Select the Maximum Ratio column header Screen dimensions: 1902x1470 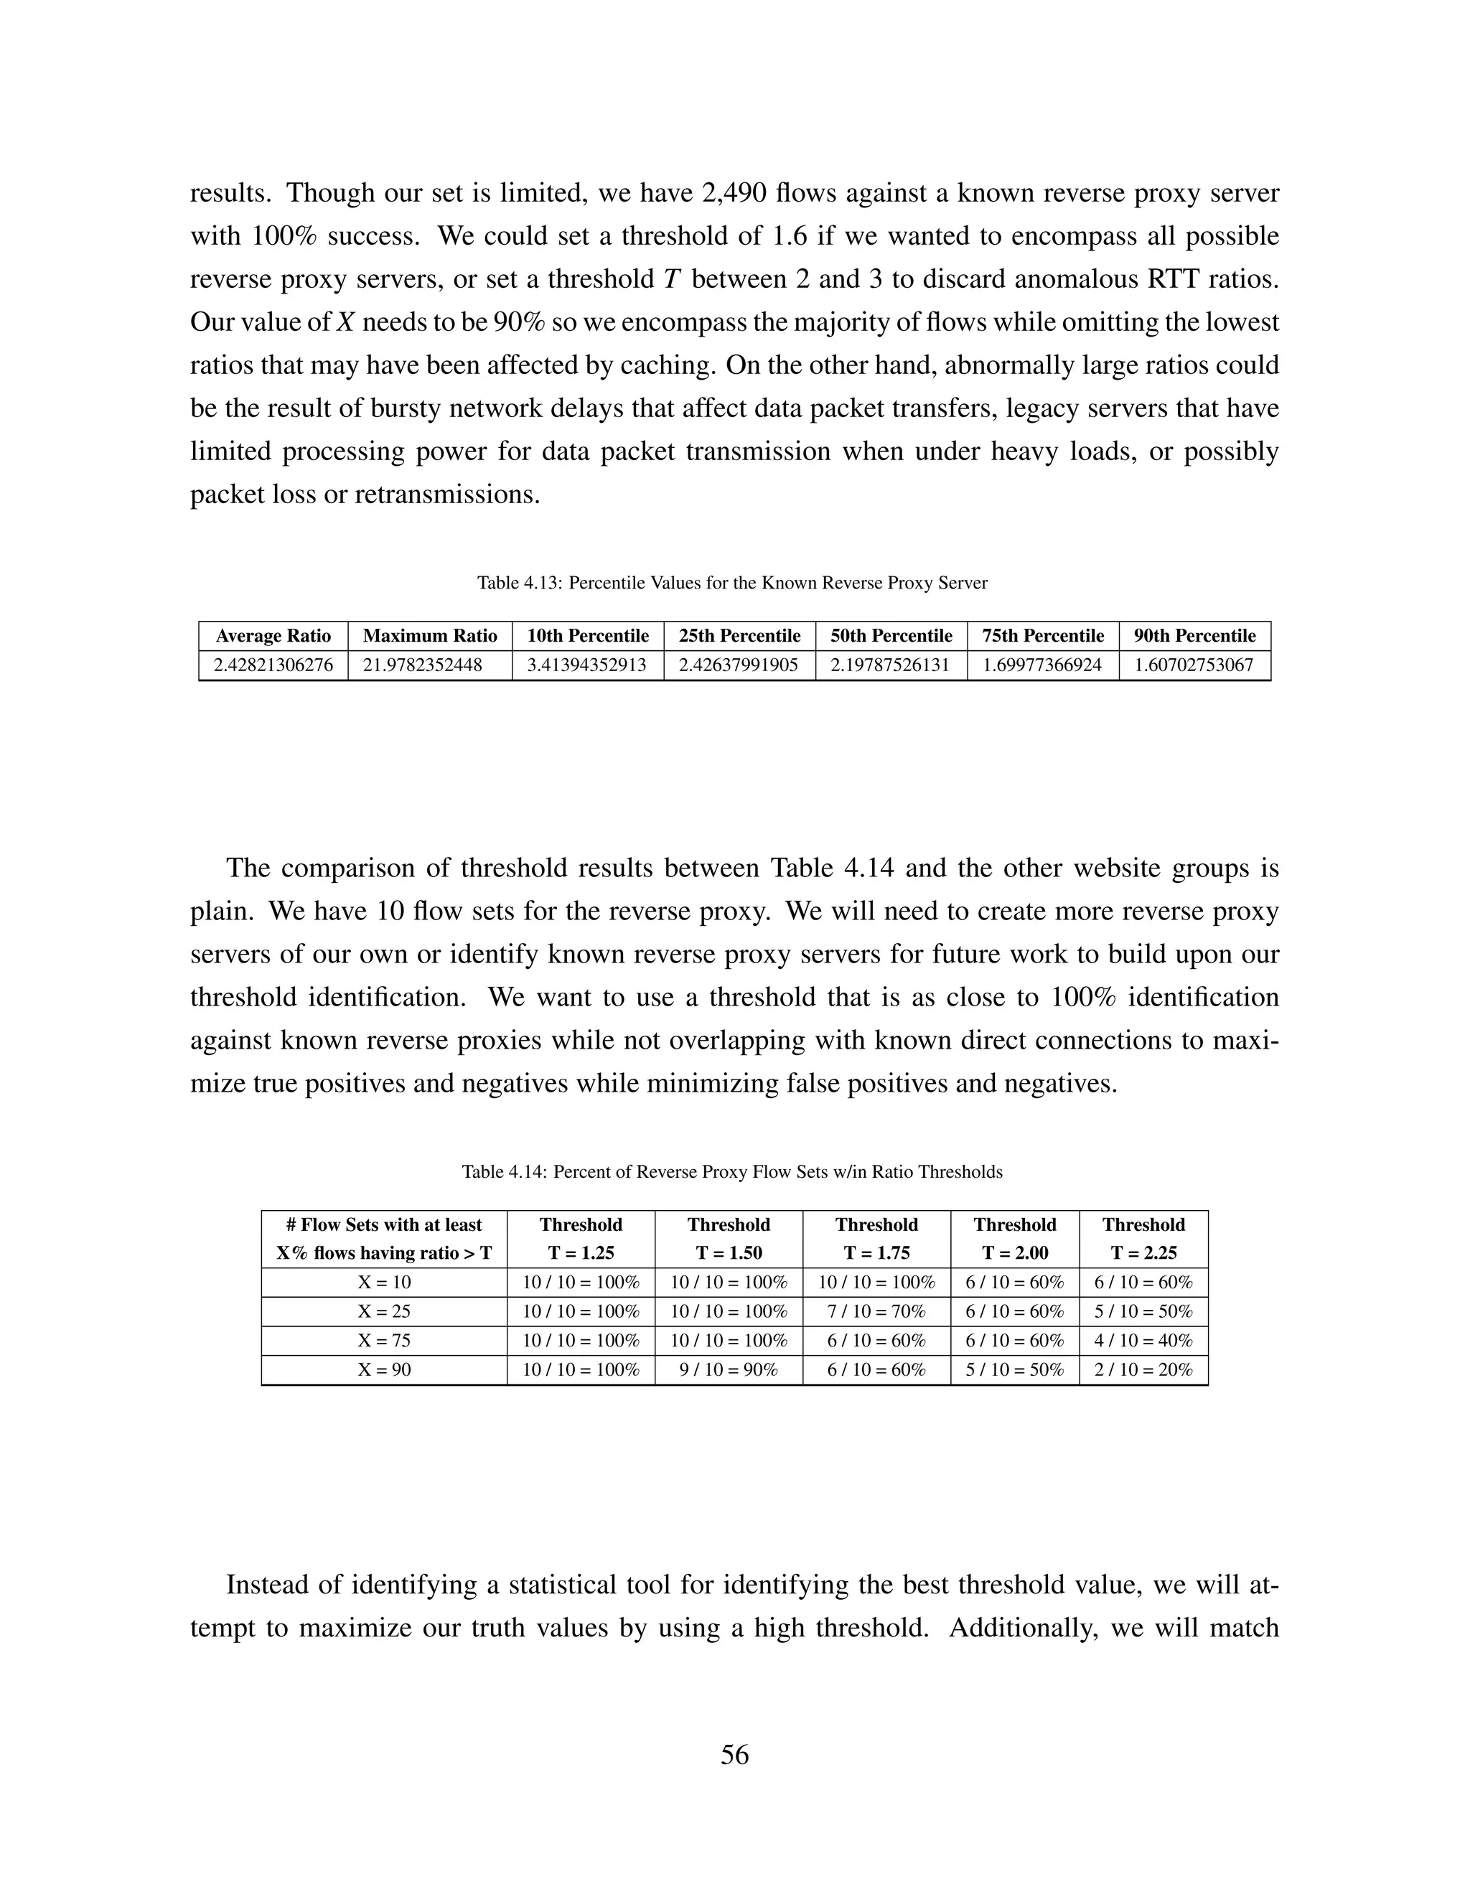(x=429, y=636)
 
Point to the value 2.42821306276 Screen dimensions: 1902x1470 (x=273, y=665)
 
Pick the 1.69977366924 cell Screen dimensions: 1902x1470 (x=1042, y=665)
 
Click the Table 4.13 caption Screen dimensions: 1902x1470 (x=731, y=583)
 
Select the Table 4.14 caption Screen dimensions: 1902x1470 (x=731, y=1171)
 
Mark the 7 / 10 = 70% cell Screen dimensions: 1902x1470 (x=876, y=1311)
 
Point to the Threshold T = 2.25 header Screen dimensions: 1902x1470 (x=1143, y=1238)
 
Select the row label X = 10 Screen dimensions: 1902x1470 (x=383, y=1282)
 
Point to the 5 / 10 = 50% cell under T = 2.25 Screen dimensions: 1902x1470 (x=1143, y=1311)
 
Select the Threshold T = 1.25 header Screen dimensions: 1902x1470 (x=580, y=1238)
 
